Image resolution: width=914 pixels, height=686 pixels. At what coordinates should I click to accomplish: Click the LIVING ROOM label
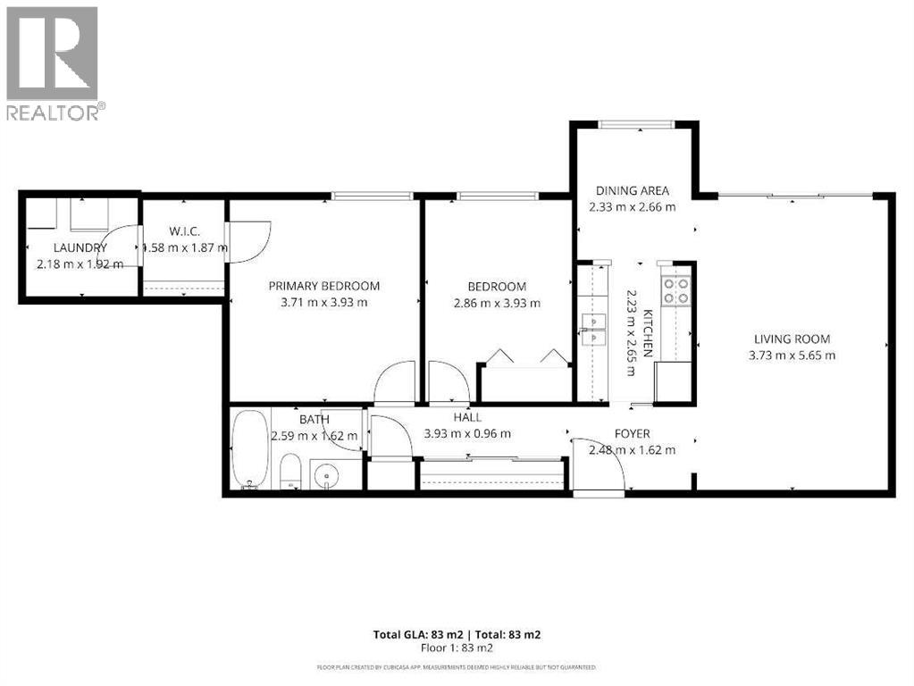[792, 339]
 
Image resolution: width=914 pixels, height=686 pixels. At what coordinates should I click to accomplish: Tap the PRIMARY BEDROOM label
[324, 286]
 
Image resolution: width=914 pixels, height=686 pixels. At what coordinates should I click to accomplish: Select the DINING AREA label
[633, 190]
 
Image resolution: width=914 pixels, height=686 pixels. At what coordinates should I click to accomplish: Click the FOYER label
[632, 433]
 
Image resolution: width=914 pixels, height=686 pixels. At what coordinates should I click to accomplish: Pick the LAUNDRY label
[80, 247]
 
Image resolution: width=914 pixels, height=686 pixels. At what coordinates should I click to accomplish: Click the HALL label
[466, 417]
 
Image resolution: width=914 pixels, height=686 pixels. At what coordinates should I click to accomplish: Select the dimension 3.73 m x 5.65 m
[792, 355]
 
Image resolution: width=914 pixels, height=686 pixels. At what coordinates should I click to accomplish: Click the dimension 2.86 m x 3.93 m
[497, 302]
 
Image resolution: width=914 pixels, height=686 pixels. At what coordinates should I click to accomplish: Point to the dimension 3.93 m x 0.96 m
[466, 433]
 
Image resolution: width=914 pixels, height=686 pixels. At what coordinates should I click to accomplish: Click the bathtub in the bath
[247, 449]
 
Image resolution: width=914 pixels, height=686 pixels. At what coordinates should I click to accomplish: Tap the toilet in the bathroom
[291, 471]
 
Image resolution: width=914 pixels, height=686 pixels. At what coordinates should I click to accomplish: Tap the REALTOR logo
[52, 63]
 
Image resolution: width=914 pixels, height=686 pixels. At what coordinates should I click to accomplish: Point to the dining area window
[635, 124]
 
